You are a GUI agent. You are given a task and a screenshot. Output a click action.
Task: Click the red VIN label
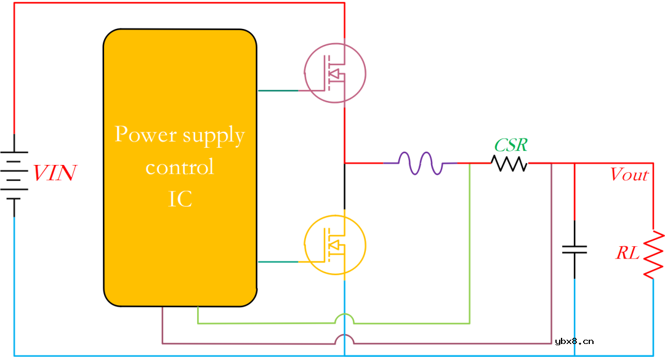pyautogui.click(x=55, y=173)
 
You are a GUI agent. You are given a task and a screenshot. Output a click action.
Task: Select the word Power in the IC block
pyautogui.click(x=146, y=134)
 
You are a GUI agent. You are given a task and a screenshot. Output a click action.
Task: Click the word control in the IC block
pyautogui.click(x=180, y=167)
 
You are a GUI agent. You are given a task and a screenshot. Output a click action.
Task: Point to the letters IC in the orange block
pyautogui.click(x=180, y=199)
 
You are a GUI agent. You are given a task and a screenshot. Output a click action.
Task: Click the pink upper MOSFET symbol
pyautogui.click(x=335, y=73)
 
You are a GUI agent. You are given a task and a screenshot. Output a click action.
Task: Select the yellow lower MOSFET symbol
pyautogui.click(x=335, y=245)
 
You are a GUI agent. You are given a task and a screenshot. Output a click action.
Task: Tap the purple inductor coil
pyautogui.click(x=421, y=163)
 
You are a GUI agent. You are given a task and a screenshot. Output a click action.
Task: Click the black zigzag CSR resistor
pyautogui.click(x=509, y=163)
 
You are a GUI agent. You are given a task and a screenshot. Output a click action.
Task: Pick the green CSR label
pyautogui.click(x=510, y=145)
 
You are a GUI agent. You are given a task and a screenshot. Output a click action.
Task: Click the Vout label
pyautogui.click(x=629, y=174)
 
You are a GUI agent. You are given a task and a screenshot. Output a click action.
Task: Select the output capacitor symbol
pyautogui.click(x=574, y=249)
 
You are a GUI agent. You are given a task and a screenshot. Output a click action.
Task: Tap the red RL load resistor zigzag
pyautogui.click(x=653, y=255)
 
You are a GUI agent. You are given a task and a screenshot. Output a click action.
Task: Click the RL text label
pyautogui.click(x=627, y=253)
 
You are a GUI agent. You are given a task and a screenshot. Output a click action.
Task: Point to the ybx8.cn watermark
pyautogui.click(x=574, y=341)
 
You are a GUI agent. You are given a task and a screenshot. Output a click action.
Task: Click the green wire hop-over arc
pyautogui.click(x=344, y=318)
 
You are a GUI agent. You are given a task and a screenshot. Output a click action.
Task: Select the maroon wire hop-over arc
pyautogui.click(x=344, y=339)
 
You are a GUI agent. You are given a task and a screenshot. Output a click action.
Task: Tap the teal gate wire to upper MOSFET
pyautogui.click(x=278, y=90)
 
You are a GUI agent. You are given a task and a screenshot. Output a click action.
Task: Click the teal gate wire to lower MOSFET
pyautogui.click(x=278, y=262)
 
